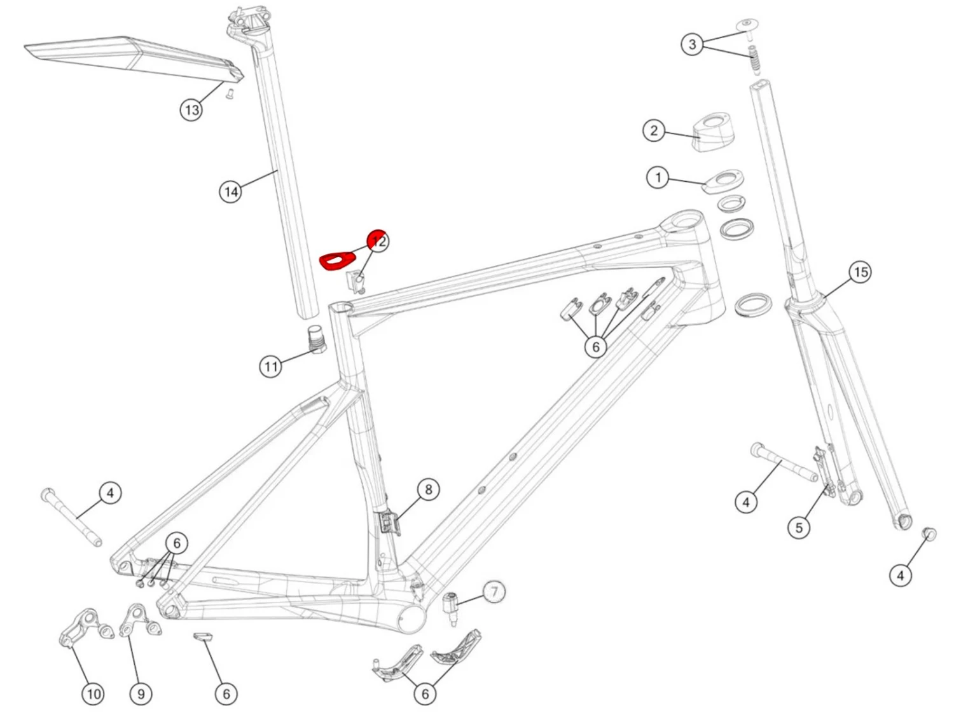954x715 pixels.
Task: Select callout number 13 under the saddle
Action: tap(191, 110)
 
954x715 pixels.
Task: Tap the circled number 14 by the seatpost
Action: tap(231, 191)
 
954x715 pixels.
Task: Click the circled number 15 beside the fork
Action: tap(861, 272)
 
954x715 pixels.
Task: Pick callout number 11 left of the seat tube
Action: tap(271, 367)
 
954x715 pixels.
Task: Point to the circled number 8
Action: tap(428, 489)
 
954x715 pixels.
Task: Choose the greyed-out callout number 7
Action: tap(494, 592)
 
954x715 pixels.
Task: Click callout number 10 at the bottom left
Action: tap(93, 693)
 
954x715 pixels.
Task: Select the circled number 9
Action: tap(141, 693)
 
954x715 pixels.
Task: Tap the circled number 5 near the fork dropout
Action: tap(799, 527)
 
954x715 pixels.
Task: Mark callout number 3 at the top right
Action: tap(692, 44)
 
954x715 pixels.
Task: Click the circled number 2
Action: tap(654, 131)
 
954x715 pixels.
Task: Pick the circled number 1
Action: tap(658, 177)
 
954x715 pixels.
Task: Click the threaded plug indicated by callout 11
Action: tap(316, 337)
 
